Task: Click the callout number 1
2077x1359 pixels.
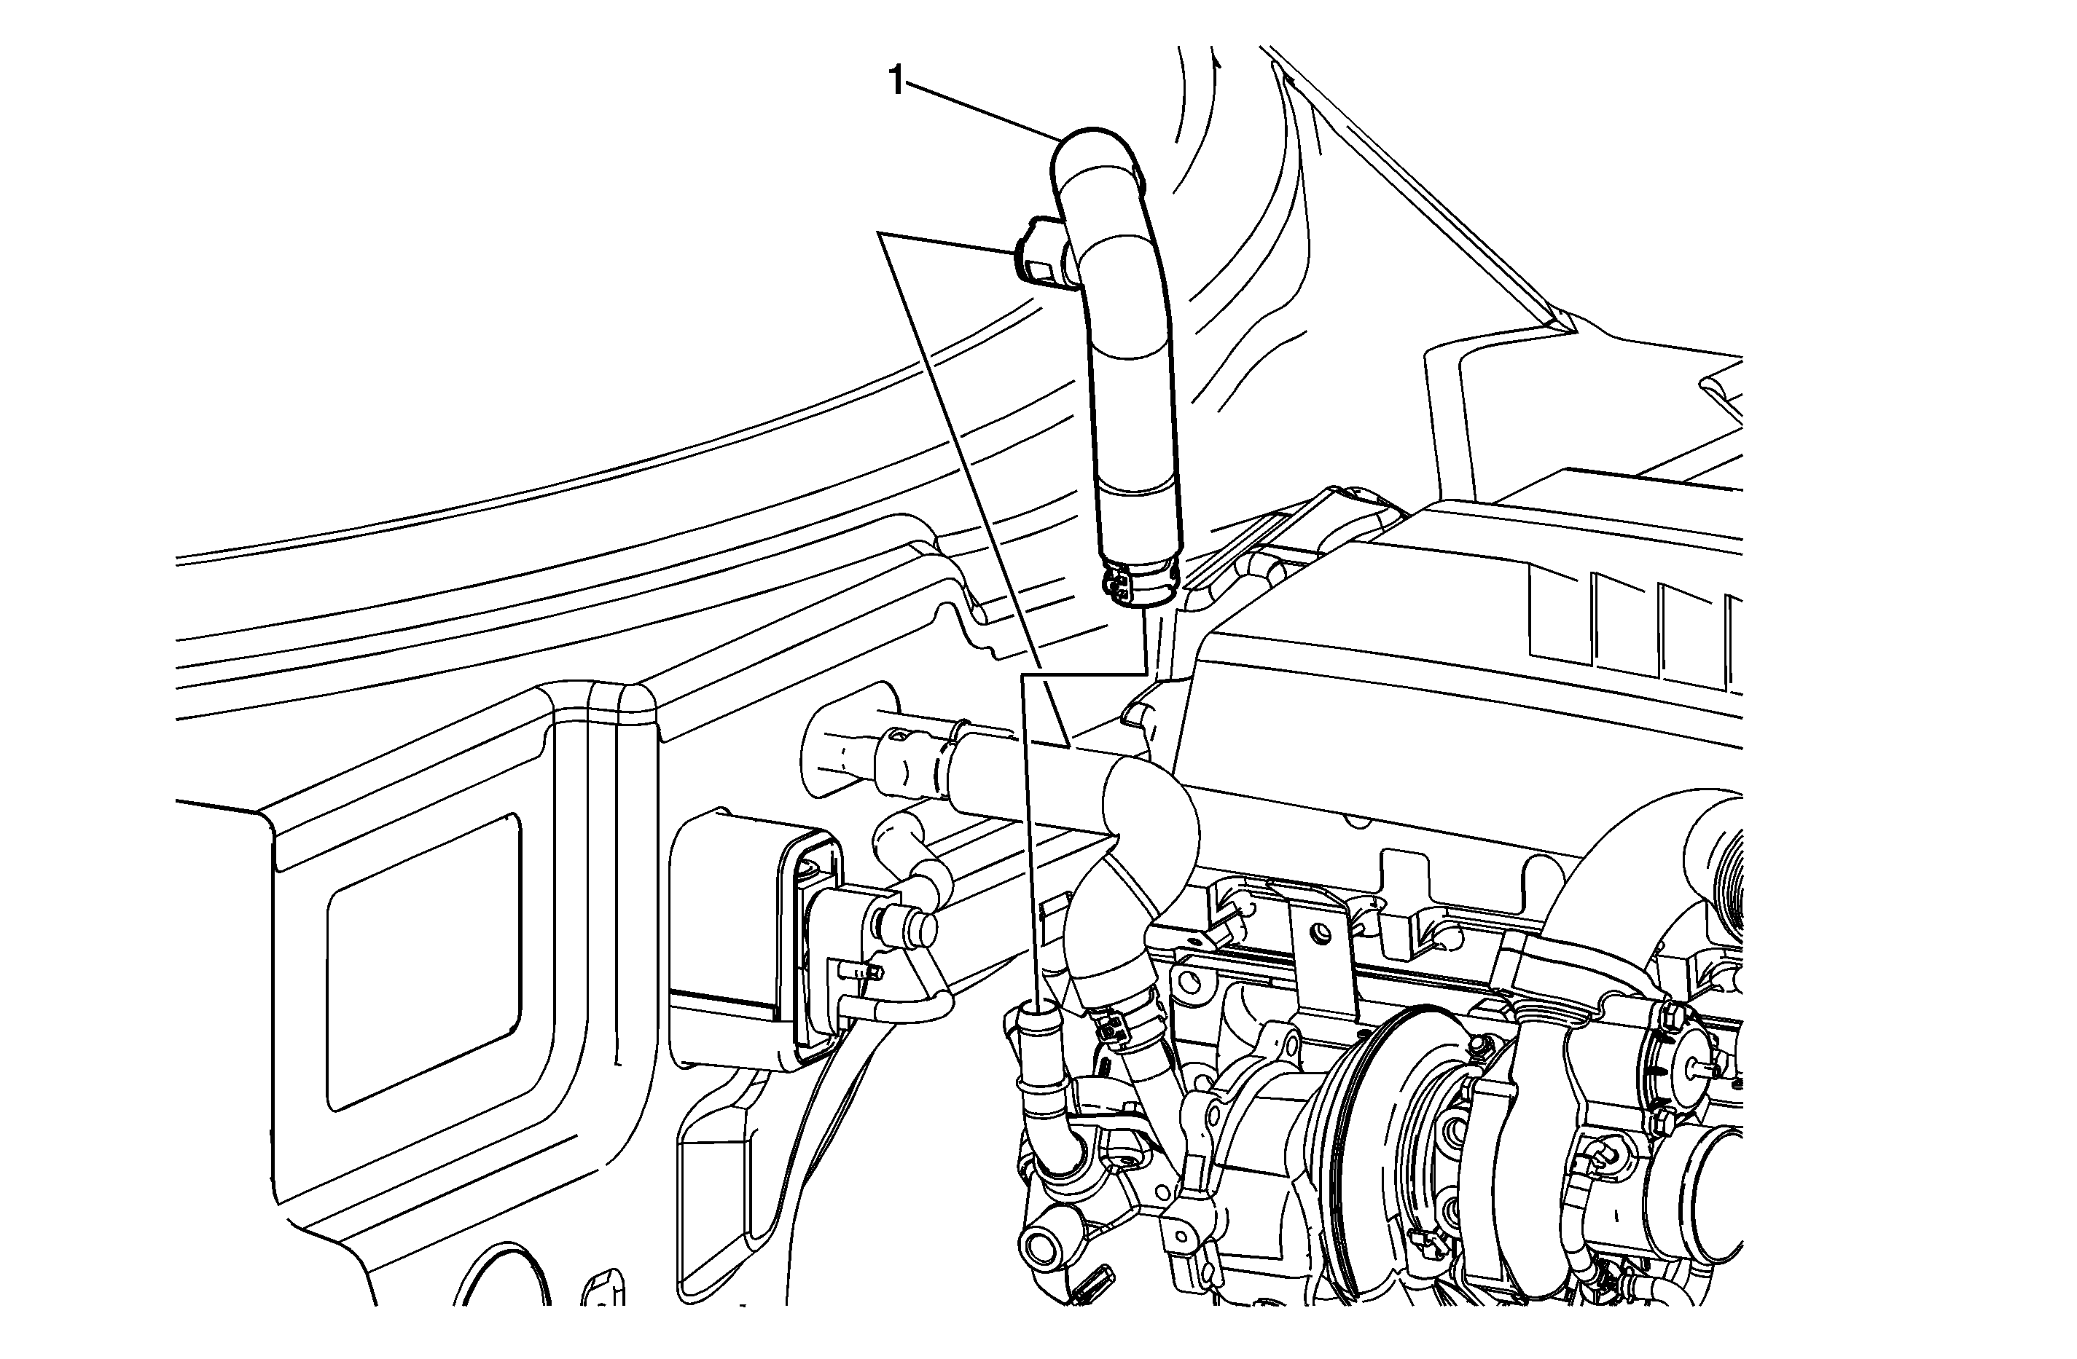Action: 896,82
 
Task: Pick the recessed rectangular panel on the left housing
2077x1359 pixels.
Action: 425,961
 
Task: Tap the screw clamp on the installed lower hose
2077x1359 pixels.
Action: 1126,1029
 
